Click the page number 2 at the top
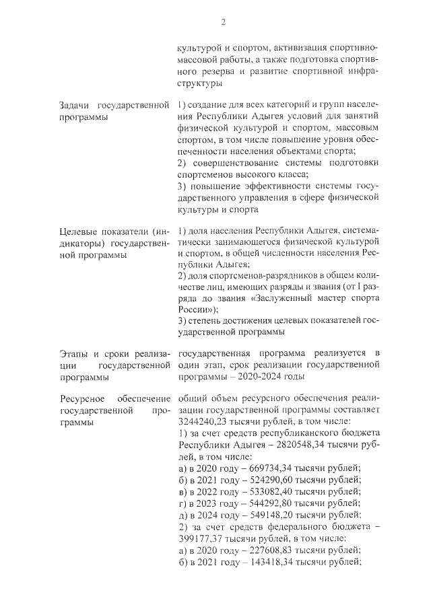pos(222,22)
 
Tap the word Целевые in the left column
pos(79,232)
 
